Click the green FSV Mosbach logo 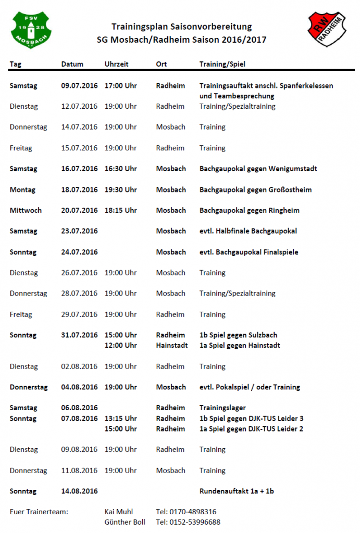click(x=31, y=30)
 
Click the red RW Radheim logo click(x=327, y=30)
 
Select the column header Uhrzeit click(x=116, y=65)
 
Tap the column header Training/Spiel click(x=222, y=65)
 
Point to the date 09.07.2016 click(x=79, y=85)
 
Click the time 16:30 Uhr click(x=120, y=169)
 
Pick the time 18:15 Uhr click(x=120, y=210)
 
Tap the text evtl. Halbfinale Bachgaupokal click(x=248, y=231)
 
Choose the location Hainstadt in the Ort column click(x=172, y=346)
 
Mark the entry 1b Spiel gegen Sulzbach click(x=238, y=335)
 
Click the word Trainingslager click(x=222, y=408)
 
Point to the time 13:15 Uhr click(x=120, y=418)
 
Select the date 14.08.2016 click(x=79, y=491)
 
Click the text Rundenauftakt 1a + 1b click(x=237, y=491)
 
